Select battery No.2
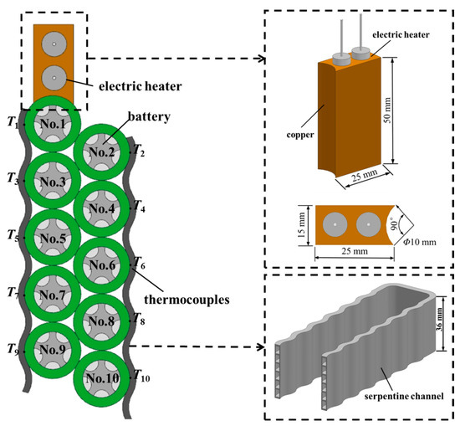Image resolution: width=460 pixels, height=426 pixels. coord(102,152)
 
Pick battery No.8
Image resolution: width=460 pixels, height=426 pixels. coord(102,320)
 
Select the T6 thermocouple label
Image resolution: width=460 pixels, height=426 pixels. coord(139,264)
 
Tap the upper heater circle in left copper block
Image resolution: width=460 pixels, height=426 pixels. coord(52,44)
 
